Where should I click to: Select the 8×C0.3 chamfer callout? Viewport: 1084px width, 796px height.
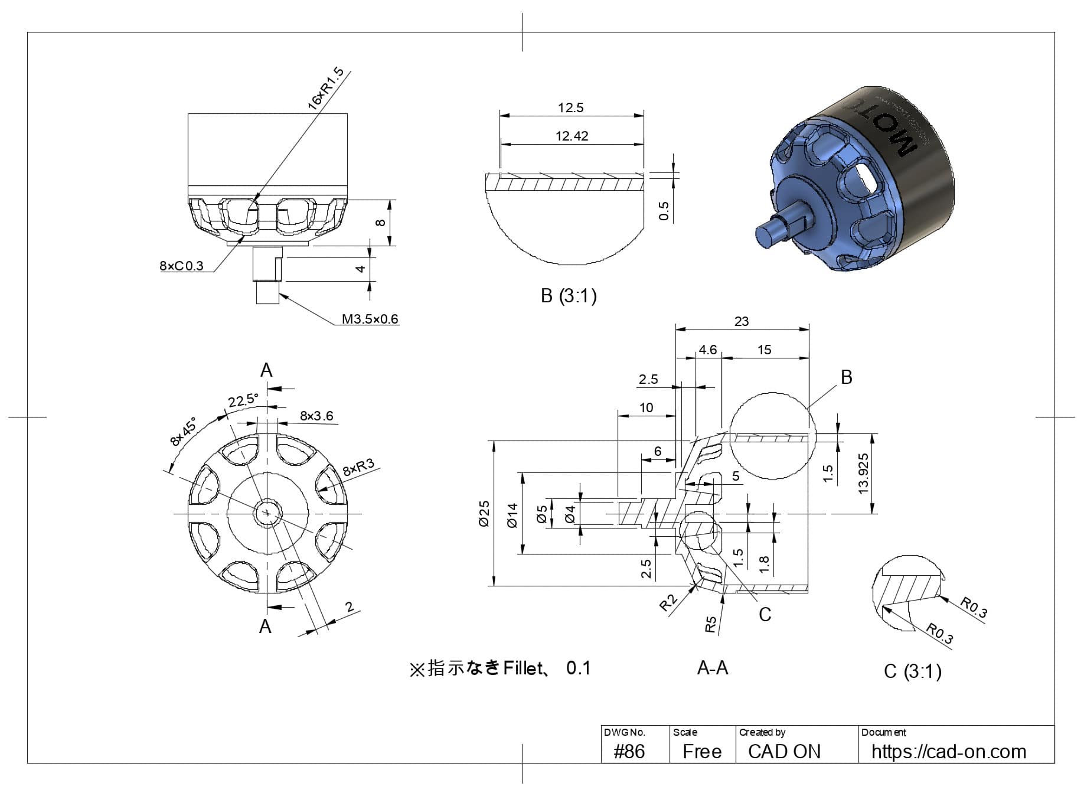181,266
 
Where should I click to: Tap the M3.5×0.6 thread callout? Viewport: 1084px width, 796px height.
370,319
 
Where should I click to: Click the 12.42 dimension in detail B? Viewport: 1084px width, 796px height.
572,136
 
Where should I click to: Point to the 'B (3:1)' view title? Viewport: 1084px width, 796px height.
569,295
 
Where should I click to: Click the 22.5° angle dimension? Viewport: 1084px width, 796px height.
243,400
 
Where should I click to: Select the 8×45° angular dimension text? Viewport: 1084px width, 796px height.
182,432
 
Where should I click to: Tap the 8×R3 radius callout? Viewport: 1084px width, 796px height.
358,467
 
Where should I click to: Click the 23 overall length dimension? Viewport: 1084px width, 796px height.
741,321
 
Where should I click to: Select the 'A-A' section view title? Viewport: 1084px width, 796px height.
713,668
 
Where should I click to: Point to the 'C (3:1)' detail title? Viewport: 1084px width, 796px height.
912,671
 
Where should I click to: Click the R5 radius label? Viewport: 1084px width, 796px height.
711,624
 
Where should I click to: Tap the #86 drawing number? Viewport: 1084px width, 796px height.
629,751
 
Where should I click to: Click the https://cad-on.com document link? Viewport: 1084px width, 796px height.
948,751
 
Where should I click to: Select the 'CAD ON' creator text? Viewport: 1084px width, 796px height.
784,751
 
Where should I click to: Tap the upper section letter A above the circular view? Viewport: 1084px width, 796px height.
266,370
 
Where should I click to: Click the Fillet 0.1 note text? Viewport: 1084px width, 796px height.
499,668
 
